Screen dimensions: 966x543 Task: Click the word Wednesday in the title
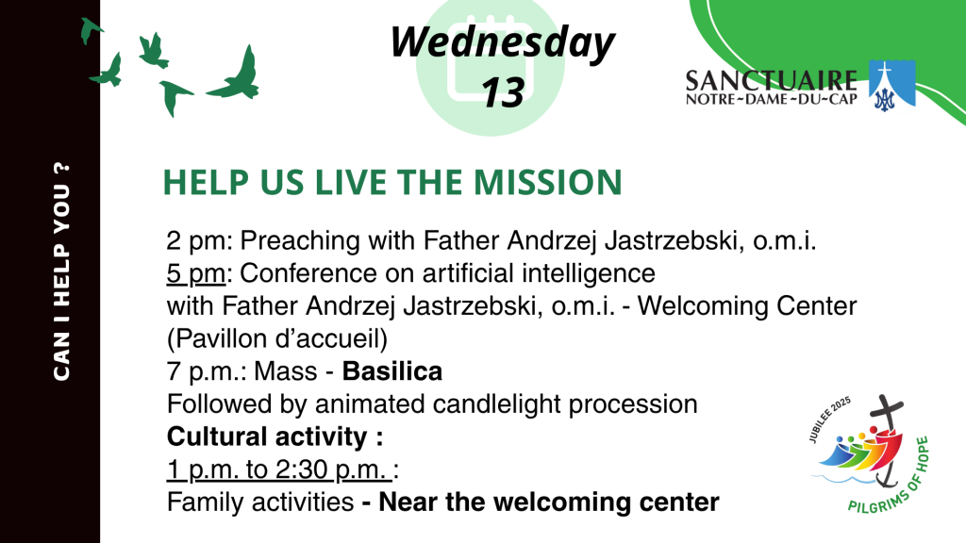[503, 42]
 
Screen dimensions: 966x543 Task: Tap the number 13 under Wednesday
[503, 93]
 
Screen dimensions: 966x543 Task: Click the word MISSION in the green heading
[548, 182]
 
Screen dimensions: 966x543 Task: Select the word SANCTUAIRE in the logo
[772, 81]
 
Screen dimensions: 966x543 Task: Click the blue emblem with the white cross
[891, 86]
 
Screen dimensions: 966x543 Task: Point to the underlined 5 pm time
[196, 273]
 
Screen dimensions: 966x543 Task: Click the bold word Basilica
[392, 371]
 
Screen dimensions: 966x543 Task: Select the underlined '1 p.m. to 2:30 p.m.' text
[279, 469]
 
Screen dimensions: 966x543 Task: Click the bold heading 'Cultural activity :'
[275, 437]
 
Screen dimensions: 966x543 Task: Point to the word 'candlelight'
[497, 404]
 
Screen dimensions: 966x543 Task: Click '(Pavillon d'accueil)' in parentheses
[277, 339]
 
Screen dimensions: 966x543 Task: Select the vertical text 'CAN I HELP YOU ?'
[61, 271]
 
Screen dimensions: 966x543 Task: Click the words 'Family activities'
[260, 502]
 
